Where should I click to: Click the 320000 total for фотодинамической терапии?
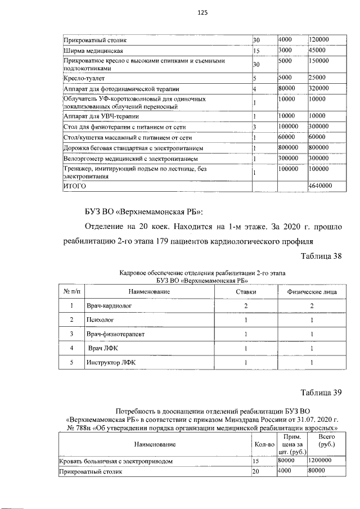[x=319, y=88]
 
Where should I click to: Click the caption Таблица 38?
[x=321, y=256]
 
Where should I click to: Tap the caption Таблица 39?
[x=321, y=393]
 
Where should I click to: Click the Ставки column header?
[x=246, y=292]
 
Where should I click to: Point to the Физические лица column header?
[x=312, y=292]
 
